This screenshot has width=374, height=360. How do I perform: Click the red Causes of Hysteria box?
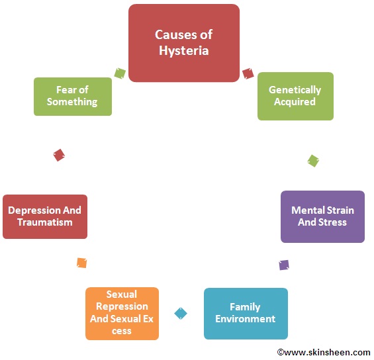click(x=183, y=43)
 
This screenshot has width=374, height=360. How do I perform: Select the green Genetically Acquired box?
click(x=295, y=96)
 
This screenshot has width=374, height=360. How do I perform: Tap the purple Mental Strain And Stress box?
click(x=322, y=216)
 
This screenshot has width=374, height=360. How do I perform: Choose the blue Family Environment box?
click(x=245, y=313)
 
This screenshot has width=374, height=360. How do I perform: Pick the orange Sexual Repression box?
click(x=122, y=313)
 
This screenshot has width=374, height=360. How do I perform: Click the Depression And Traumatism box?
click(x=44, y=216)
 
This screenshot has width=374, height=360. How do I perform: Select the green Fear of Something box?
click(x=72, y=96)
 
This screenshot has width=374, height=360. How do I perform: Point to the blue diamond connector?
click(x=181, y=313)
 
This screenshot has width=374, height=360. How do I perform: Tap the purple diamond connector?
click(x=284, y=265)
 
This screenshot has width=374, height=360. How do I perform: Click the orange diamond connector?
click(x=81, y=263)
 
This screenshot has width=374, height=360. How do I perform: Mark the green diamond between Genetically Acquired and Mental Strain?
click(x=313, y=160)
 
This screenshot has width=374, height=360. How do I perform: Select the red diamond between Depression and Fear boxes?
click(x=59, y=155)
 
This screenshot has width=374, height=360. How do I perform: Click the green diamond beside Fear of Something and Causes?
click(x=120, y=73)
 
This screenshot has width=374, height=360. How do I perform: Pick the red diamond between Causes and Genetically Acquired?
click(x=248, y=73)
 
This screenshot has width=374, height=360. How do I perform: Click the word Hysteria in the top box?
click(x=183, y=50)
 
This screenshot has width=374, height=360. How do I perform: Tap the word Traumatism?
click(x=44, y=222)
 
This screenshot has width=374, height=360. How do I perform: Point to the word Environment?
click(x=245, y=319)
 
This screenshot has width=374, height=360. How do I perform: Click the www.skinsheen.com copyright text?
click(x=324, y=352)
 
